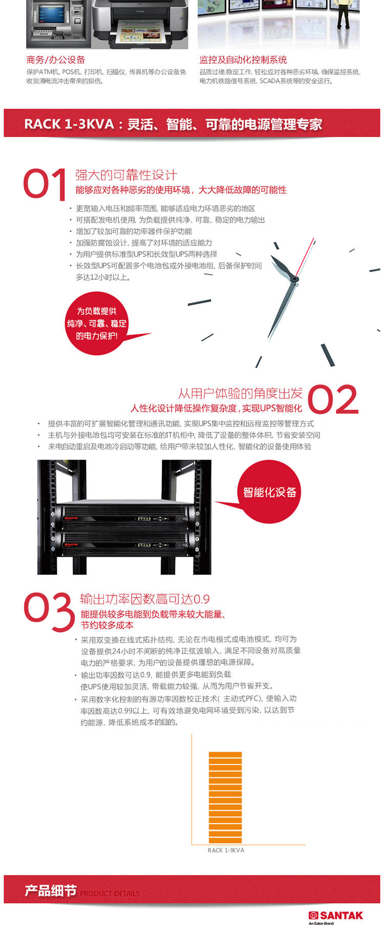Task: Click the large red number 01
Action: [45, 184]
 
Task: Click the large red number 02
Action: [333, 400]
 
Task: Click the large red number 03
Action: [49, 612]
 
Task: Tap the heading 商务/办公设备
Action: [56, 60]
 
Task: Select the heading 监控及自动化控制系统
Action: [243, 60]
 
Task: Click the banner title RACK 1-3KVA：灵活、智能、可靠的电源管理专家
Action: [173, 124]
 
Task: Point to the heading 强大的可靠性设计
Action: [126, 175]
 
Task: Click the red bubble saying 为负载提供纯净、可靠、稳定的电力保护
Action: [97, 323]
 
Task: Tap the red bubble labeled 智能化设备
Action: [269, 492]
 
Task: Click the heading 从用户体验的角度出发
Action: [240, 394]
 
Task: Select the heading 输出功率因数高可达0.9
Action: [145, 599]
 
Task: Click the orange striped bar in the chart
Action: [225, 797]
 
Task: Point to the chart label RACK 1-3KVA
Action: [226, 850]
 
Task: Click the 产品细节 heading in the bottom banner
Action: [51, 891]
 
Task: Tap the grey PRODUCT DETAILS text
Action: [110, 893]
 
